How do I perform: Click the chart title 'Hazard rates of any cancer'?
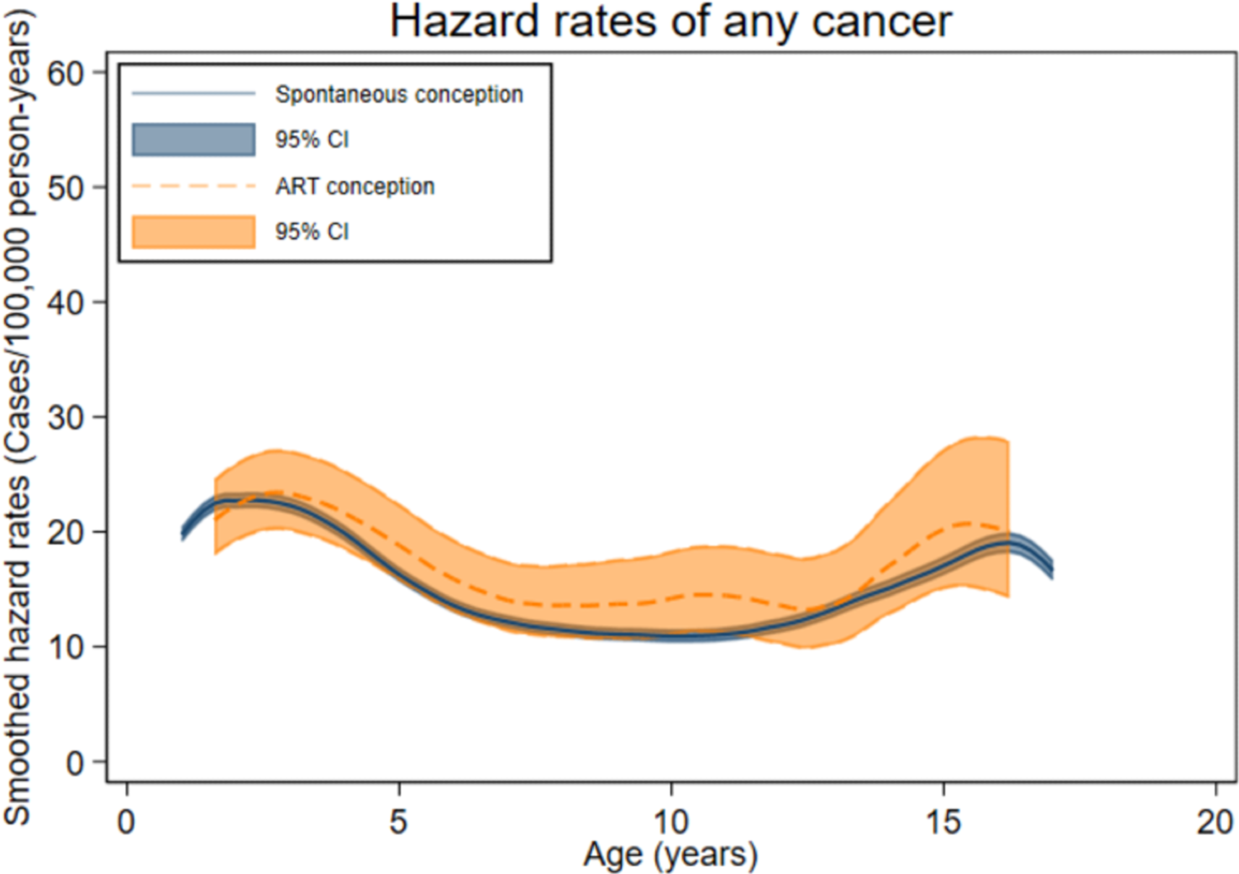click(670, 22)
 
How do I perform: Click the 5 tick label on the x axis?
click(398, 822)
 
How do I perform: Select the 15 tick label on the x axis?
click(943, 822)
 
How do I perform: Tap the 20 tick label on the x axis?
click(1215, 822)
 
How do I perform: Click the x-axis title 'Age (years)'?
click(670, 855)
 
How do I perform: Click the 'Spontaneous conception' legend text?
click(399, 94)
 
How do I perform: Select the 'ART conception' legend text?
click(355, 186)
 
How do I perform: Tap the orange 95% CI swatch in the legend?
click(193, 232)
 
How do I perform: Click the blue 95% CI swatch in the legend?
click(193, 139)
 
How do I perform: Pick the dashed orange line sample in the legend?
click(193, 186)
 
